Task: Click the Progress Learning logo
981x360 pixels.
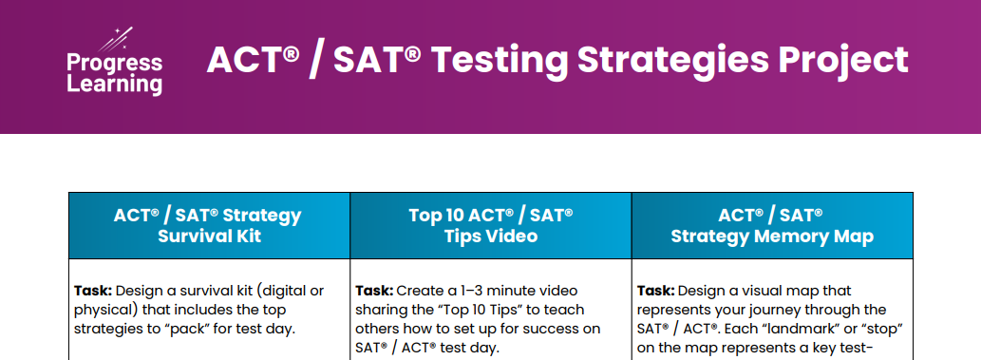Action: [115, 62]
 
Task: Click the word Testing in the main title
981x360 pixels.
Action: [498, 60]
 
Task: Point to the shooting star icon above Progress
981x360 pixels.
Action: [116, 39]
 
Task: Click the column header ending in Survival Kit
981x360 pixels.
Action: [209, 225]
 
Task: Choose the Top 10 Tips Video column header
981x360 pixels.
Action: [490, 225]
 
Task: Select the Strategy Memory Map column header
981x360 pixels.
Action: [772, 225]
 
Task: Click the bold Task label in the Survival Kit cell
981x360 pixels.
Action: [93, 291]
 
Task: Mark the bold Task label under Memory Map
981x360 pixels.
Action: [656, 291]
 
